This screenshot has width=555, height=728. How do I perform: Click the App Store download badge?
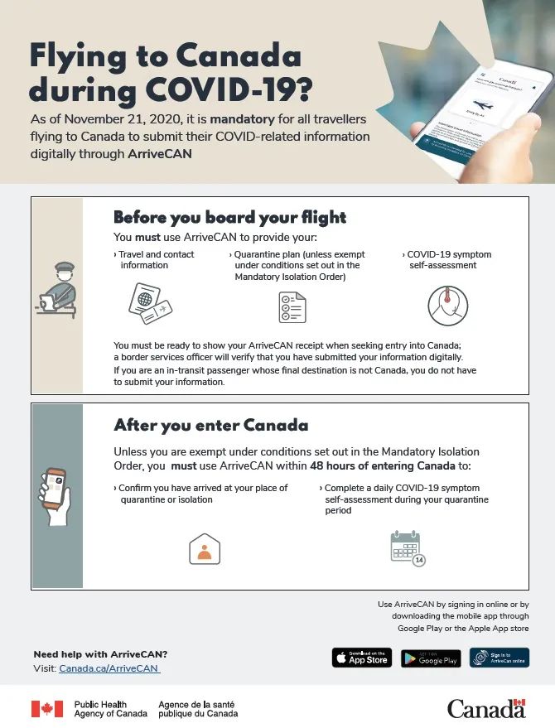[x=362, y=658]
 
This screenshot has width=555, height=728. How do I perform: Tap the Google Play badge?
[x=431, y=658]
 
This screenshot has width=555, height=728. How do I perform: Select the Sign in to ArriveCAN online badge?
[x=499, y=658]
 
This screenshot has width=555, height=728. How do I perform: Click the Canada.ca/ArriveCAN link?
[x=108, y=668]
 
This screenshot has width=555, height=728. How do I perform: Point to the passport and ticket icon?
[x=150, y=304]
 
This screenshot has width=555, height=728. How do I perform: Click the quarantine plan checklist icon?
[x=292, y=307]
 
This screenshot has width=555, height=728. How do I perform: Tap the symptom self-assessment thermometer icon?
[x=447, y=306]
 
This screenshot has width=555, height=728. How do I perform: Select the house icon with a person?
[x=205, y=548]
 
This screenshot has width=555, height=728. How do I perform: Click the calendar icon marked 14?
[x=407, y=548]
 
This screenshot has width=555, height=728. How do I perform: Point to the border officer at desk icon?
[x=57, y=291]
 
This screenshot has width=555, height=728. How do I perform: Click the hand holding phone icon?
[x=55, y=494]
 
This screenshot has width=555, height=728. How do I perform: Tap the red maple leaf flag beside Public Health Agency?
[x=47, y=709]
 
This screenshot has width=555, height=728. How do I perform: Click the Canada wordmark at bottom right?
[x=486, y=708]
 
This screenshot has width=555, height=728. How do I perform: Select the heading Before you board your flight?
[x=229, y=218]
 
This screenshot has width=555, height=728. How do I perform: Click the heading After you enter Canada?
[x=210, y=426]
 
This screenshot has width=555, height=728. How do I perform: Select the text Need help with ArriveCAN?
[x=100, y=654]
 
